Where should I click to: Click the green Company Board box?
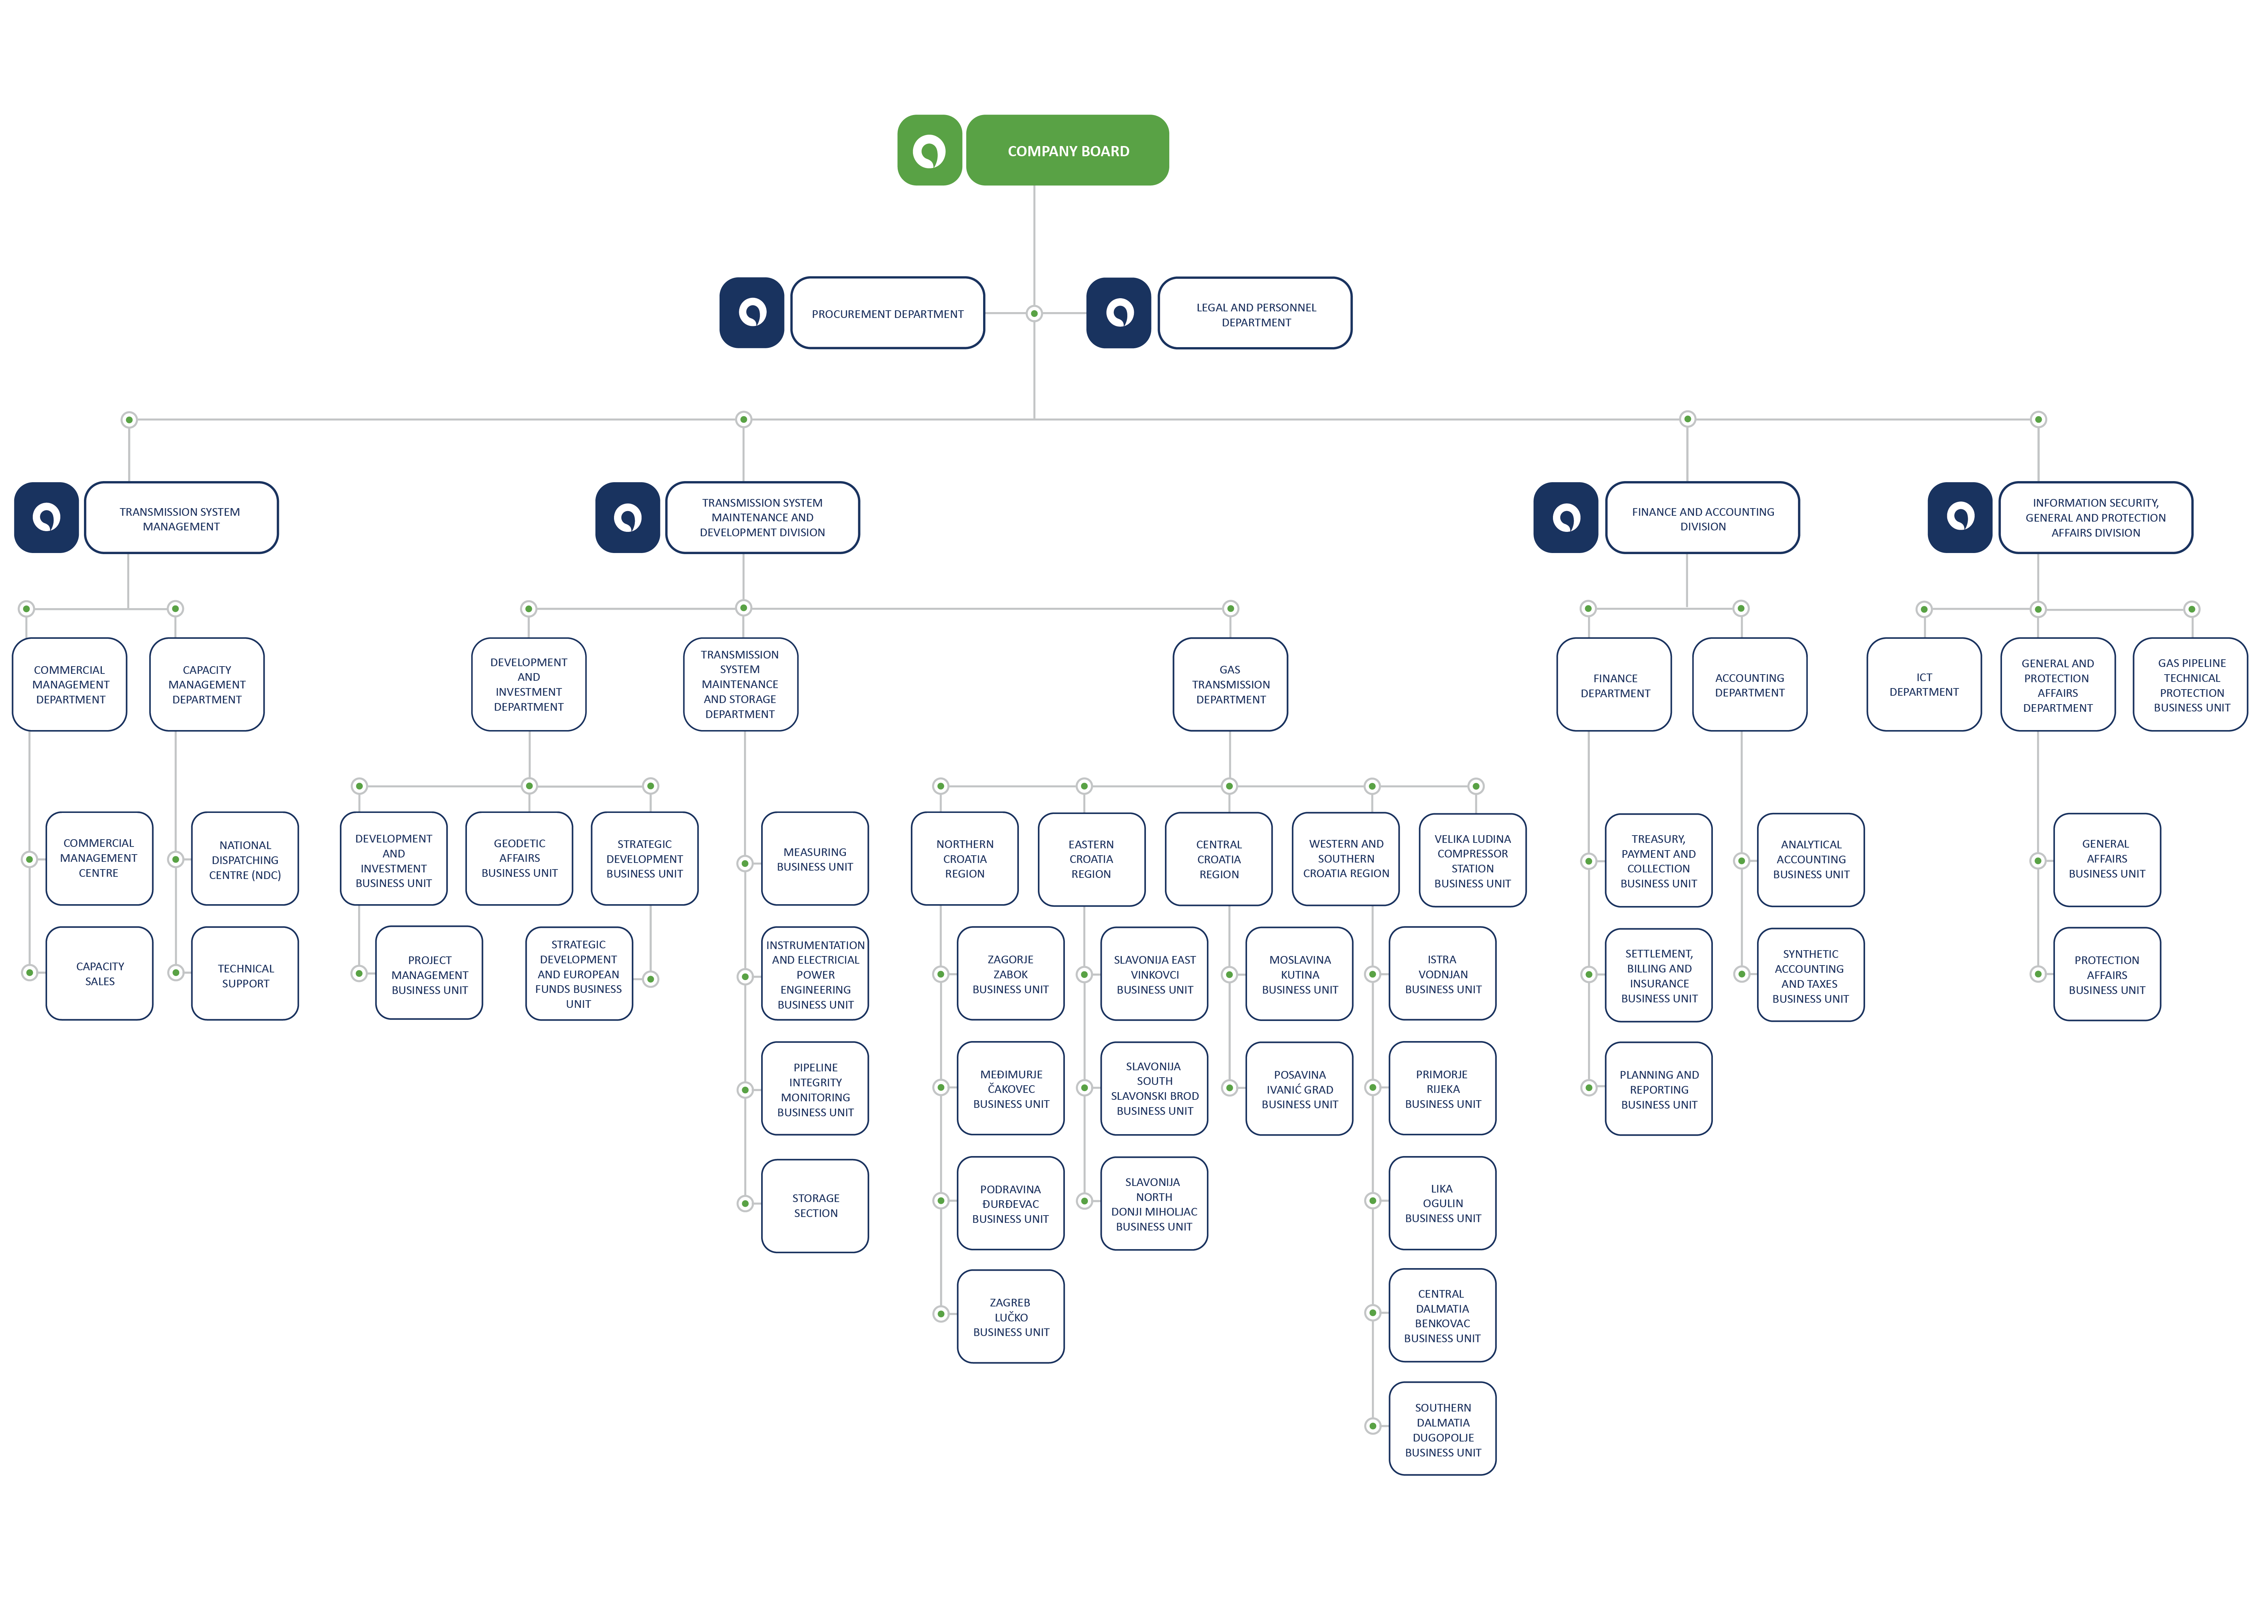tap(1067, 150)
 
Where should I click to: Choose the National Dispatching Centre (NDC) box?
tap(245, 859)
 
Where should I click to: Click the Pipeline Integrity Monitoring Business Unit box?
tap(816, 1089)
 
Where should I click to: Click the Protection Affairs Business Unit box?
tap(2106, 974)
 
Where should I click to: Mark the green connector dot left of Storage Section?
tap(745, 1203)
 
